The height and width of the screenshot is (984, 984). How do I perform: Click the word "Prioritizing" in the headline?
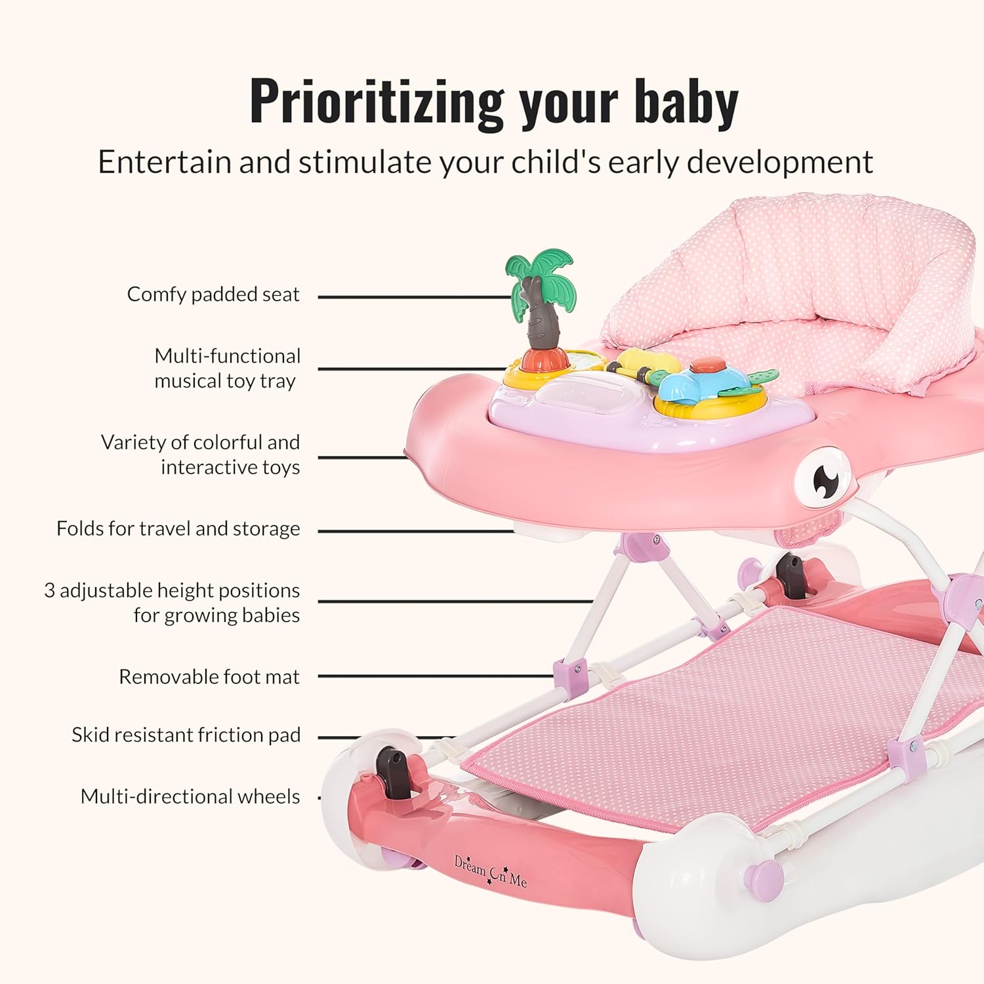(376, 102)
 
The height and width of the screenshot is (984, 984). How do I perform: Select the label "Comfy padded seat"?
(213, 295)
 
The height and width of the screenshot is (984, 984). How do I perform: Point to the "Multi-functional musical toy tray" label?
(227, 368)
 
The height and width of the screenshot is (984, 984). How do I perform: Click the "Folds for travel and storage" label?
(178, 529)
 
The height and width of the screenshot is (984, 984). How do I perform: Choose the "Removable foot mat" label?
(209, 676)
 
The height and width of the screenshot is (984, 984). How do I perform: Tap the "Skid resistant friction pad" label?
(186, 735)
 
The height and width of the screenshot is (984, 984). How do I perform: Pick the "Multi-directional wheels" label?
(190, 796)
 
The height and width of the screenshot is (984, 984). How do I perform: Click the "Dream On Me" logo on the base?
(490, 872)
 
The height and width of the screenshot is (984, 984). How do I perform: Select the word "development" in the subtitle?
(780, 162)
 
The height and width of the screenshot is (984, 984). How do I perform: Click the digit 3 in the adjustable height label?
(49, 590)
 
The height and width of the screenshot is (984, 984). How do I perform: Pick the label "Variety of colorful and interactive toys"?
(200, 455)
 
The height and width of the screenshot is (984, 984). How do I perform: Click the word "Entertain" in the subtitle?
(165, 162)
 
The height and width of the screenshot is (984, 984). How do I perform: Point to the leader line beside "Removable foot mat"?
(436, 676)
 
